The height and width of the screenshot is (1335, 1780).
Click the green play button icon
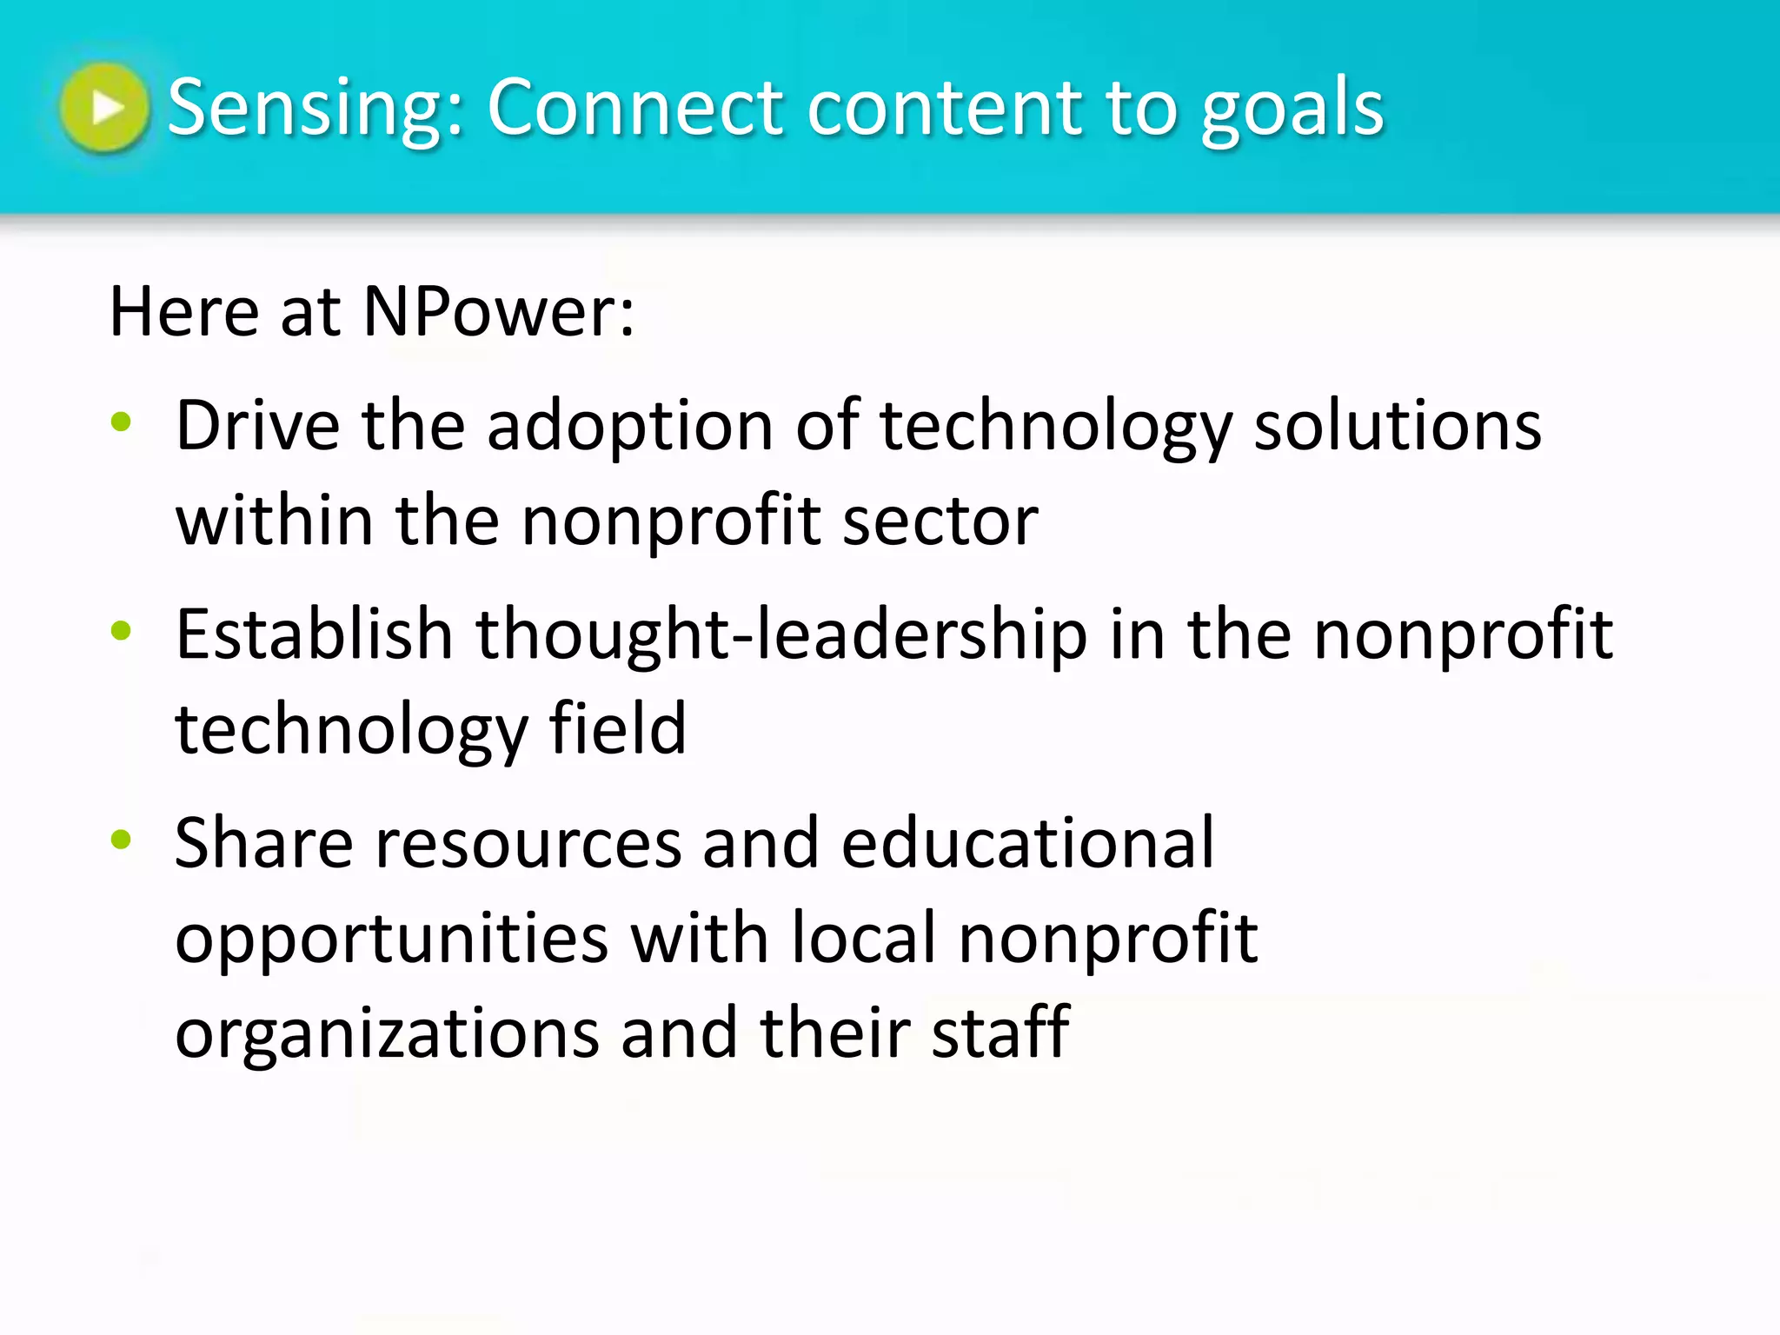click(104, 107)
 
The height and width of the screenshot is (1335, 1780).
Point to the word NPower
click(498, 311)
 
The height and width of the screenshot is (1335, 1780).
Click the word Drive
click(258, 425)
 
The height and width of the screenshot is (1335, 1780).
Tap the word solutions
click(1398, 425)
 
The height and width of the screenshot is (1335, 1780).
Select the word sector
click(940, 521)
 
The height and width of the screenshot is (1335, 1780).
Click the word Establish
click(315, 634)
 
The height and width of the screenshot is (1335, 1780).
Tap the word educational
click(1027, 842)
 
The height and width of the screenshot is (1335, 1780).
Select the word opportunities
click(392, 940)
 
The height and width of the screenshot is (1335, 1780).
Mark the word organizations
click(388, 1033)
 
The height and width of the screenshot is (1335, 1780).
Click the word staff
click(1000, 1032)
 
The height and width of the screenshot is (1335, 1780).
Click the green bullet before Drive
click(121, 423)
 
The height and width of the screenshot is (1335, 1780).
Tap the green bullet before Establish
click(121, 631)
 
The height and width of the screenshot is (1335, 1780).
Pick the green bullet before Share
click(121, 840)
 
